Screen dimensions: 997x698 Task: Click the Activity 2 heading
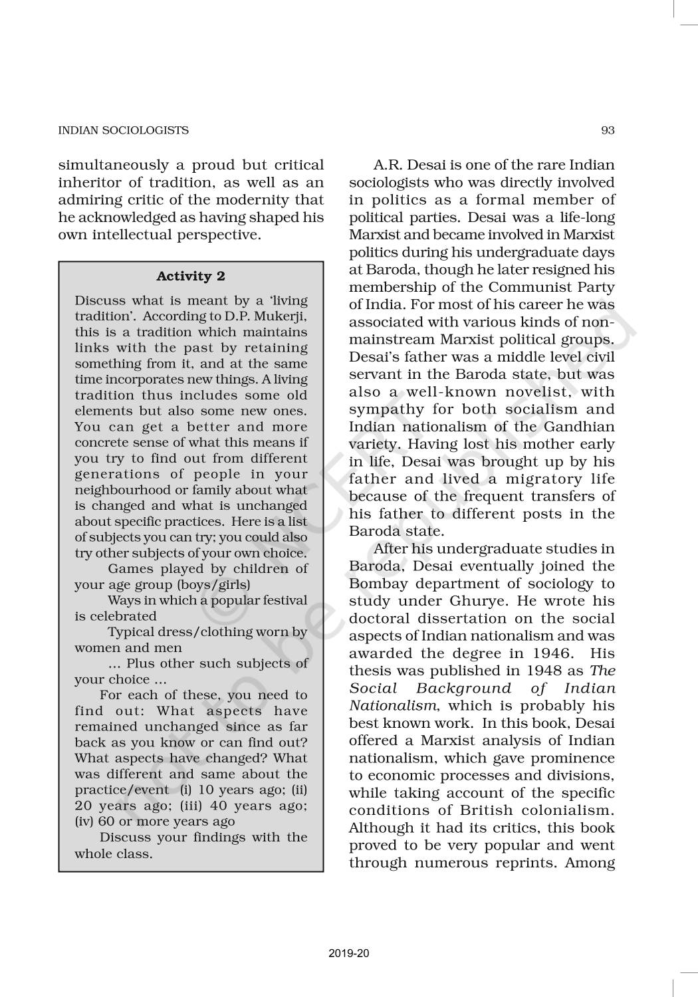[x=191, y=277]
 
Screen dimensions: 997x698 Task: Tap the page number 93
[x=608, y=130]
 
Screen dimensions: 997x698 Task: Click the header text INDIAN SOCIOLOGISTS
[x=124, y=130]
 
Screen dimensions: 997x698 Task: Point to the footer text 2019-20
[x=348, y=954]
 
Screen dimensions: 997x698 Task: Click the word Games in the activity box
[x=130, y=569]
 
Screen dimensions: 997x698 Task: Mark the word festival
[x=283, y=600]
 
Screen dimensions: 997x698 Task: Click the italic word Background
[x=464, y=688]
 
